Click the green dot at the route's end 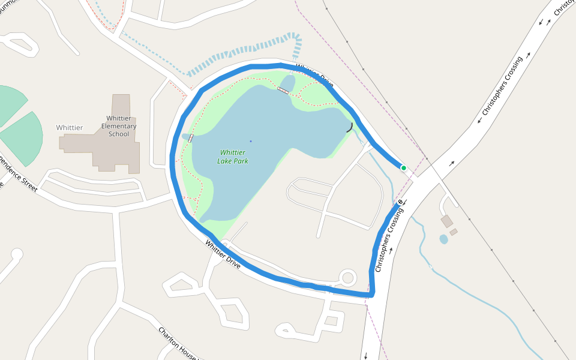click(404, 168)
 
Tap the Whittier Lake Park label click(233, 157)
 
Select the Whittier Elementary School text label click(119, 126)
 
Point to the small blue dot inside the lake click(251, 141)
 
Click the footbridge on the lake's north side click(283, 90)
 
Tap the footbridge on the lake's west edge click(191, 137)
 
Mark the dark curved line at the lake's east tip click(349, 127)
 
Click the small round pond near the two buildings click(443, 239)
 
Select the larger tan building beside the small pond click(447, 221)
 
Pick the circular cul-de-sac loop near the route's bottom click(347, 278)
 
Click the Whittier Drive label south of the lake click(223, 254)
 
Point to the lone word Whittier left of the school click(70, 128)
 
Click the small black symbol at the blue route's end click(400, 202)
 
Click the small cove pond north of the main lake click(288, 83)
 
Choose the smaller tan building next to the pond click(454, 232)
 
